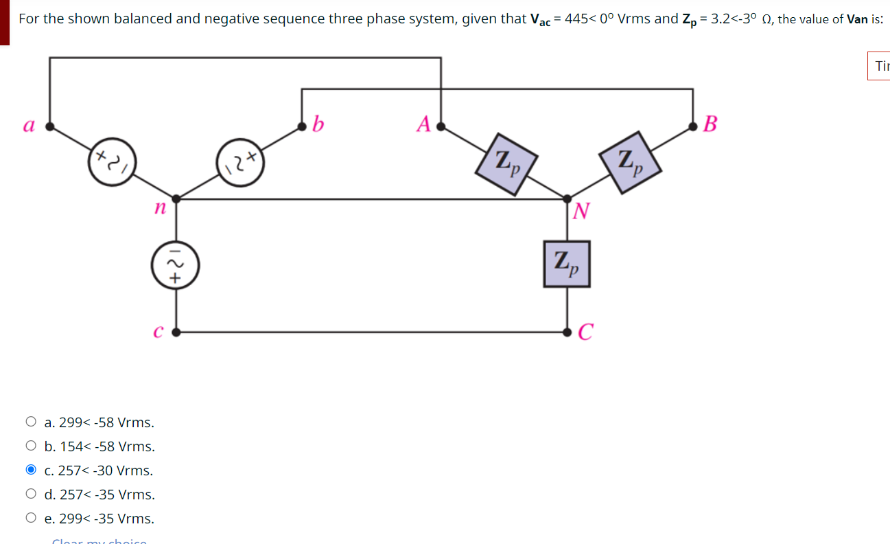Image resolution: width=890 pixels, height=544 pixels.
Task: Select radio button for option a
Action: (31, 422)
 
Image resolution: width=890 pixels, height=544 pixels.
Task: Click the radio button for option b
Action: (31, 446)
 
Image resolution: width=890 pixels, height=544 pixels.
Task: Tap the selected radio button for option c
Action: (31, 470)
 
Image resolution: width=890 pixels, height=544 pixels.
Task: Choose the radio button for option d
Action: (31, 494)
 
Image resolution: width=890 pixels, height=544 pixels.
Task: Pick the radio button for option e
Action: (31, 518)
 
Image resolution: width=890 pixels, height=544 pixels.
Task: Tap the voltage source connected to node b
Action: (240, 163)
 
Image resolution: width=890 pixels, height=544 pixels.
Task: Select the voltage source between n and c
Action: (176, 265)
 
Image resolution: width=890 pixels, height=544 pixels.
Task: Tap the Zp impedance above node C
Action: (567, 264)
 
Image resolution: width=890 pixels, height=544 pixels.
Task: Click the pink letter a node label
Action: (29, 125)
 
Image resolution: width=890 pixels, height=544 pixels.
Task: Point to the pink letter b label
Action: (318, 124)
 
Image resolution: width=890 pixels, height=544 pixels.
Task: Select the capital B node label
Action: (711, 124)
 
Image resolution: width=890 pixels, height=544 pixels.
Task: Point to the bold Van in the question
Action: (858, 19)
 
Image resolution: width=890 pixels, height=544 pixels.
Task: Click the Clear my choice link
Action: (99, 541)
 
